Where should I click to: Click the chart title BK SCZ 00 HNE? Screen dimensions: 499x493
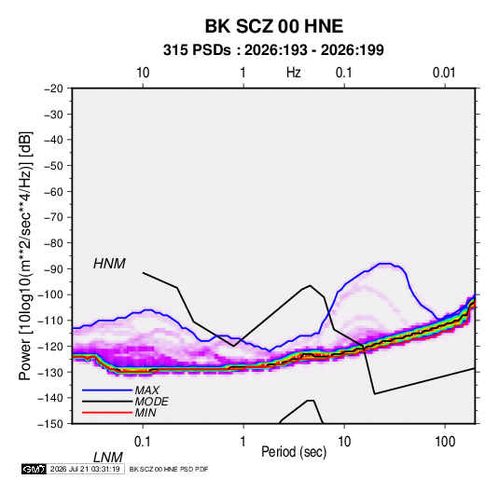click(273, 26)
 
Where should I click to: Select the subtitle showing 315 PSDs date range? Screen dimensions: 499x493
click(273, 50)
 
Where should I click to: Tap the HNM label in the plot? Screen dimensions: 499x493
click(109, 264)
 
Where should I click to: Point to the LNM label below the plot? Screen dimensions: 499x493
click(107, 458)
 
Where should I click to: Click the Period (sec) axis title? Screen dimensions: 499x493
click(294, 452)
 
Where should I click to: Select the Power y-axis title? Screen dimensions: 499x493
click(25, 255)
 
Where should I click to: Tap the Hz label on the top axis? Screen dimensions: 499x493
click(294, 73)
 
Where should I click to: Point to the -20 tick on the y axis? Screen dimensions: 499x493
click(53, 89)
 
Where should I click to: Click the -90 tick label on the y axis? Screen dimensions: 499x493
click(53, 269)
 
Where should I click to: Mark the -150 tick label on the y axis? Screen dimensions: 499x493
click(50, 424)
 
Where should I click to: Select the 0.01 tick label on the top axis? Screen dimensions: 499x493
click(444, 73)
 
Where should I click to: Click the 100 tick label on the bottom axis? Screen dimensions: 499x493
click(445, 442)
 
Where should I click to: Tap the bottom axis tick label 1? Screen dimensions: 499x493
click(243, 442)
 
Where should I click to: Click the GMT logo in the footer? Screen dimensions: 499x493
click(35, 469)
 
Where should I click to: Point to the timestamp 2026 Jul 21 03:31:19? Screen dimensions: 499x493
click(85, 469)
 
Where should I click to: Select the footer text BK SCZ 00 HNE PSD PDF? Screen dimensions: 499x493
click(169, 469)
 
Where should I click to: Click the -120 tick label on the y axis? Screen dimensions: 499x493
click(50, 347)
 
